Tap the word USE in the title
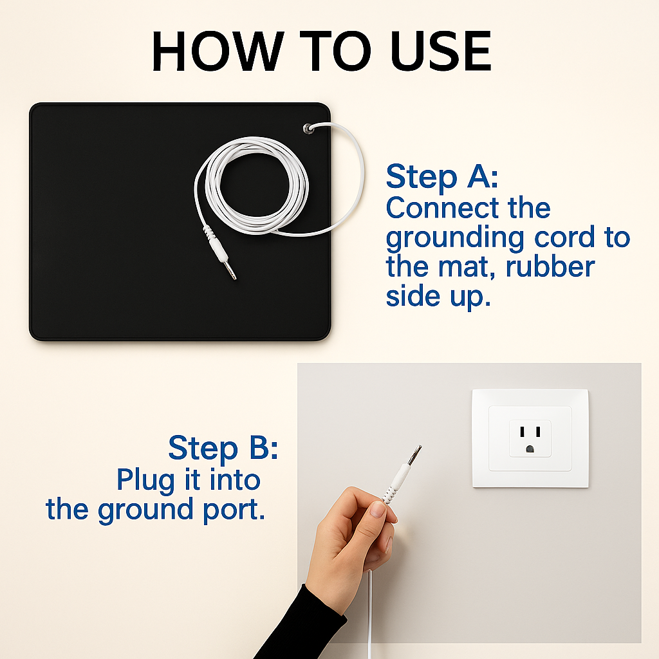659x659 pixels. click(440, 51)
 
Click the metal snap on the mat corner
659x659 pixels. click(308, 129)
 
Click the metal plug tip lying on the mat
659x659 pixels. click(230, 270)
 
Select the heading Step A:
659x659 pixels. click(441, 176)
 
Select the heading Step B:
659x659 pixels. click(223, 448)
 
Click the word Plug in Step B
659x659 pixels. click(145, 480)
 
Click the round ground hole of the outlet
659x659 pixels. click(530, 449)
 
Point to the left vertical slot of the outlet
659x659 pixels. click(523, 432)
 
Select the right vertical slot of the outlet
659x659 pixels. click(538, 432)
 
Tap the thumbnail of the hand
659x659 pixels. click(377, 510)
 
